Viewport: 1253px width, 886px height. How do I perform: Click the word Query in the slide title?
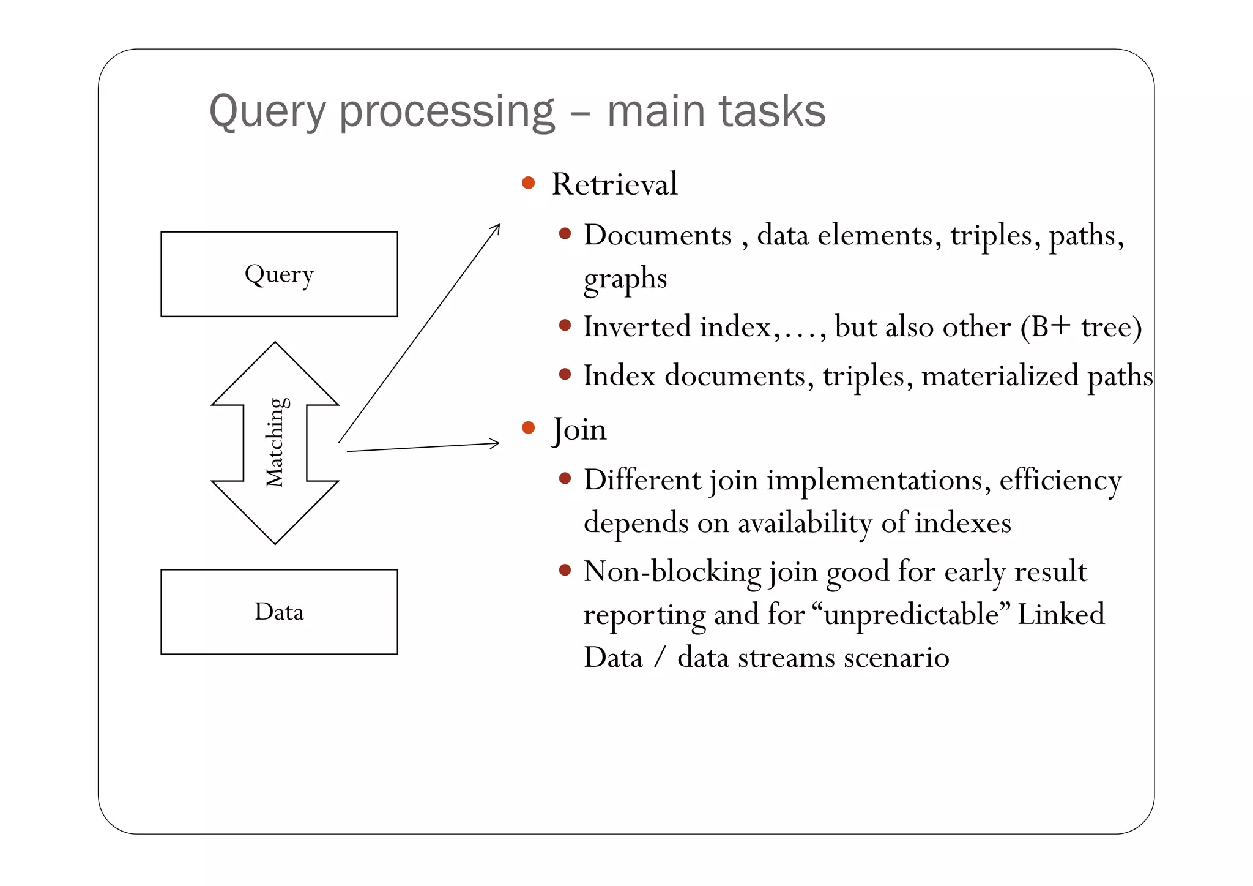tap(267, 112)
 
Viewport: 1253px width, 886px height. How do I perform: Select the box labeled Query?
tap(279, 274)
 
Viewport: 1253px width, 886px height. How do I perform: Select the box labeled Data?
tap(279, 612)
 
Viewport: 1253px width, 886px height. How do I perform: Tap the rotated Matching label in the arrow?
tap(275, 442)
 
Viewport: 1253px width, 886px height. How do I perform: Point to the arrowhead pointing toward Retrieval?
tap(496, 228)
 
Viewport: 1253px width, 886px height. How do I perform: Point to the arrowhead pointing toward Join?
tap(495, 443)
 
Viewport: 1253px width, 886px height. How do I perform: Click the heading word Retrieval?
tap(614, 184)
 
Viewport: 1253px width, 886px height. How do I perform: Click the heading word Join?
tap(579, 429)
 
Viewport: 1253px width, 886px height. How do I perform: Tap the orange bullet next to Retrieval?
tap(529, 182)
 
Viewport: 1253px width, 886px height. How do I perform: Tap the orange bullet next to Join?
tap(529, 427)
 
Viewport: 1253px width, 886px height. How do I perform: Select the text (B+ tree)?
tap(1080, 326)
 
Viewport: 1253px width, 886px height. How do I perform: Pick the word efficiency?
tap(1060, 480)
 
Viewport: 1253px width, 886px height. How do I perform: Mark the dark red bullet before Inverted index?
tap(565, 325)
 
